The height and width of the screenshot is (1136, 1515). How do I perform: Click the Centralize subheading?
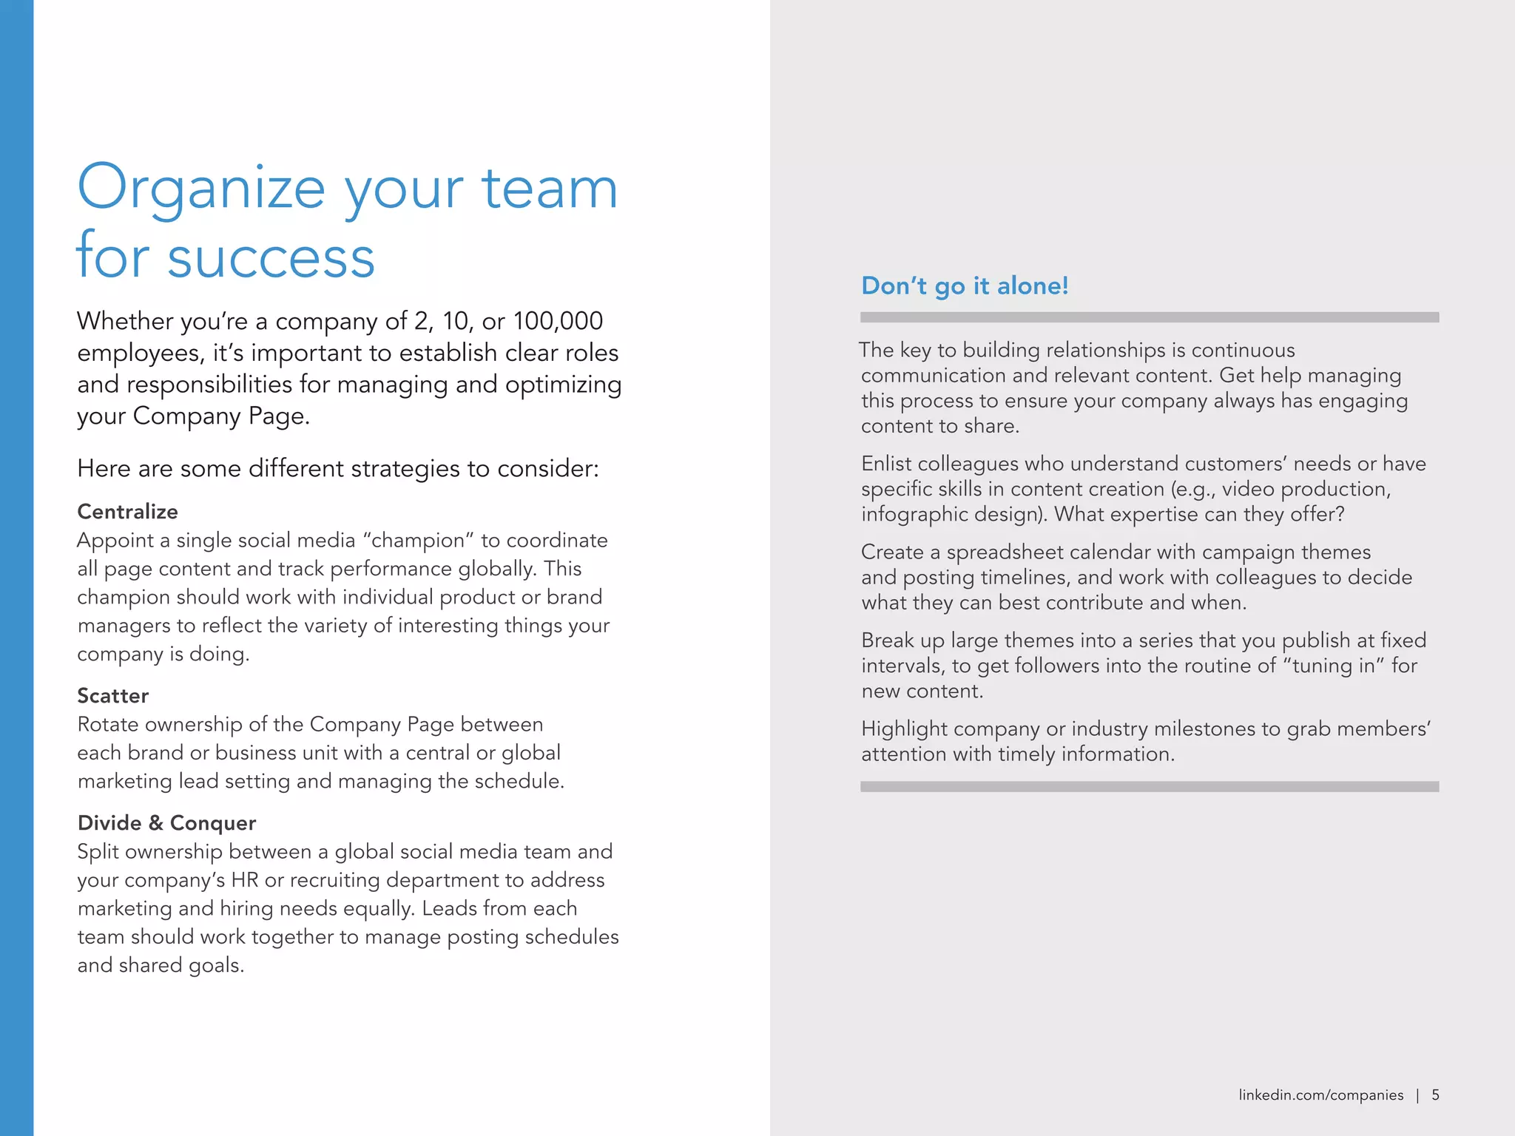[127, 512]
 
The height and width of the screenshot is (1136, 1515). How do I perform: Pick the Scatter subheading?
[112, 696]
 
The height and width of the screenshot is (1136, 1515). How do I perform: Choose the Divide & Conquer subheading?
[166, 823]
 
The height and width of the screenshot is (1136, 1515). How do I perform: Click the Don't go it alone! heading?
[965, 286]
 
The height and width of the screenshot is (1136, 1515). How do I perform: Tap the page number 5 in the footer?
[1435, 1095]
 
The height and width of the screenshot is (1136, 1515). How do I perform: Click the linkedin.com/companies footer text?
[1320, 1095]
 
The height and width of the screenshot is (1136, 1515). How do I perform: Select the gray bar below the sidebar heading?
[1149, 317]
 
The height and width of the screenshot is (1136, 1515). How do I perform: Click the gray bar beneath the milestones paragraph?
[1149, 787]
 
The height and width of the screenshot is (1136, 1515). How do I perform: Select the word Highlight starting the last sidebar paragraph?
[904, 729]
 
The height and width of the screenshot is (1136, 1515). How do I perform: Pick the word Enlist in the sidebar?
[885, 464]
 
